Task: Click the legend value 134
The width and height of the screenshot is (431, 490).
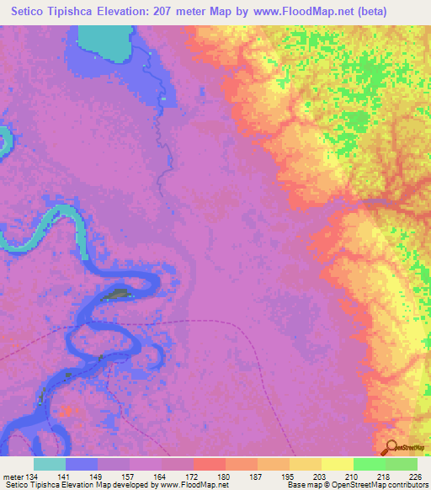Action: tap(35, 476)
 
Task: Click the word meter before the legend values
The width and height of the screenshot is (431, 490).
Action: tap(13, 476)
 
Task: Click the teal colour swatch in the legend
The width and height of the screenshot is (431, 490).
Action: tap(50, 464)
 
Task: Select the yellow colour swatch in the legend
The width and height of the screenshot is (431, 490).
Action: tap(338, 464)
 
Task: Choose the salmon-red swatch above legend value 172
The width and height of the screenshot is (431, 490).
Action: tap(210, 464)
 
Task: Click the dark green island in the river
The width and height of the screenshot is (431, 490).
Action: tap(119, 295)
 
